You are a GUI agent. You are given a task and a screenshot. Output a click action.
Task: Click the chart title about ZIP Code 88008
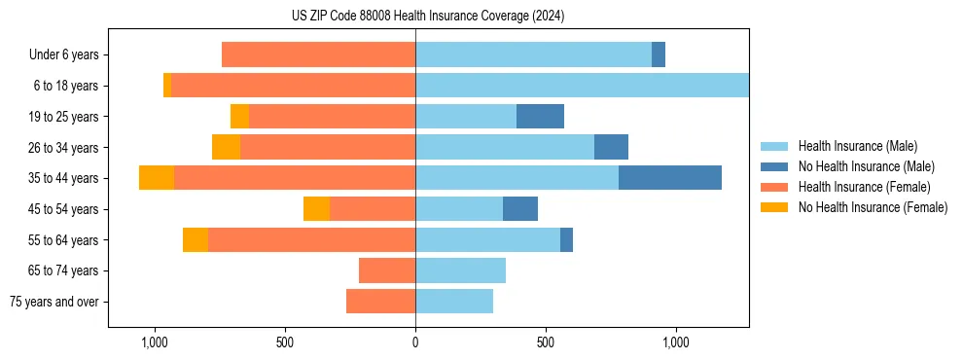click(427, 17)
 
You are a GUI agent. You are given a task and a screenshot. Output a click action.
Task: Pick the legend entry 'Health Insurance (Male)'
click(857, 146)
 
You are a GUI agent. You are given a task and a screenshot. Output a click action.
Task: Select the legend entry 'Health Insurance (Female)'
click(864, 187)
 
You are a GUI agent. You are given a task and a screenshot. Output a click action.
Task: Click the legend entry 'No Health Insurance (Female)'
click(873, 207)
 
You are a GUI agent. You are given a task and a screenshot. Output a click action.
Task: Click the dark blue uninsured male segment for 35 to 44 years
click(670, 178)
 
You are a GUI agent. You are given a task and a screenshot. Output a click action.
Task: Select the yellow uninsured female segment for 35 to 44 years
click(157, 178)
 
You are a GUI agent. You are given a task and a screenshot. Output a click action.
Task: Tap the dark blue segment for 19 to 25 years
click(540, 117)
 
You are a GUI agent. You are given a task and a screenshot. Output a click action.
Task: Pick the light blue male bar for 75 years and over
click(454, 302)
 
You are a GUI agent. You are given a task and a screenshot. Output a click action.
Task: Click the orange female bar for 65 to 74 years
click(387, 270)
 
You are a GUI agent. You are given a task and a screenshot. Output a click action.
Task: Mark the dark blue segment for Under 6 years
click(659, 54)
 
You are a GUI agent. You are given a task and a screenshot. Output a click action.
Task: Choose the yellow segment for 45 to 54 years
click(316, 209)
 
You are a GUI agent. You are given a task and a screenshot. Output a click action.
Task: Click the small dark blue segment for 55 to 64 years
click(566, 240)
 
